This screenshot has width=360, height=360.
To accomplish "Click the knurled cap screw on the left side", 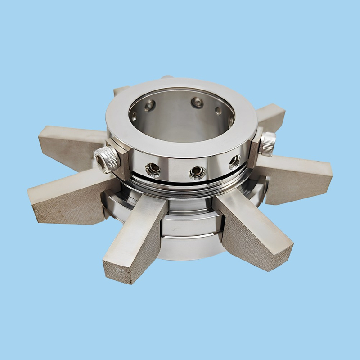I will coord(107,159).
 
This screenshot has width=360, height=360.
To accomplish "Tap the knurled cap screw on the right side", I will coord(268,144).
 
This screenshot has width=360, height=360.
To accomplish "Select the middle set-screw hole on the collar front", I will coord(197,171).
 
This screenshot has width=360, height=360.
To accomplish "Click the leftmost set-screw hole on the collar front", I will coord(153,168).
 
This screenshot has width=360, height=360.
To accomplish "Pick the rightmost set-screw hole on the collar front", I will coord(234,161).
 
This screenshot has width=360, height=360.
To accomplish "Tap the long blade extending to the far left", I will coord(67,198).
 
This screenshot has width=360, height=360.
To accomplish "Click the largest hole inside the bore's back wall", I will coord(197,103).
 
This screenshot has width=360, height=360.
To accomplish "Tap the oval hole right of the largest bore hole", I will coord(218,110).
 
